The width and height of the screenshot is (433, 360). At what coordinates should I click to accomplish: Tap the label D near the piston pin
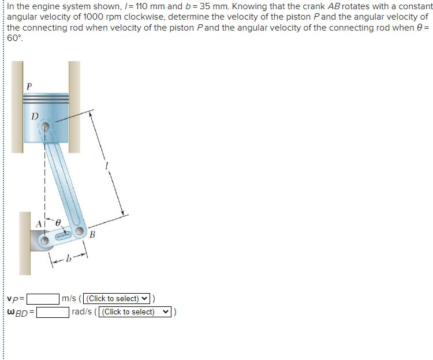pyautogui.click(x=35, y=117)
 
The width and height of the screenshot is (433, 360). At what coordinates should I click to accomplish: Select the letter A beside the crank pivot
pyautogui.click(x=40, y=223)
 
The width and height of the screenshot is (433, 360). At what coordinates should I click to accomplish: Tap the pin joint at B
pyautogui.click(x=80, y=230)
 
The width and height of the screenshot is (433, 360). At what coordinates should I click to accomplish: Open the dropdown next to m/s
pyautogui.click(x=118, y=299)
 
